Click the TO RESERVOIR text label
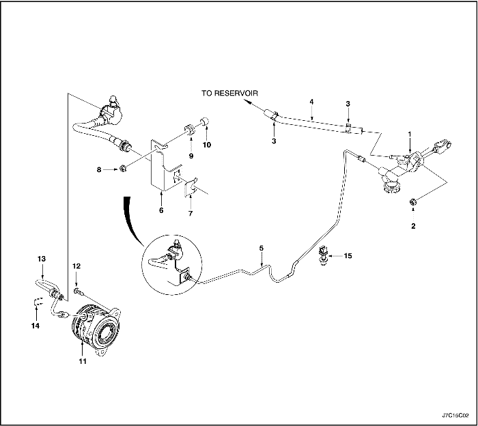coord(230,92)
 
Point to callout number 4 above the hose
coord(311,102)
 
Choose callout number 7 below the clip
coord(190,214)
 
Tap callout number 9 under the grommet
coord(191,156)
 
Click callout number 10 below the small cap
coord(208,145)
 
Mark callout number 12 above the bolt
coord(76,266)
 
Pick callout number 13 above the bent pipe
coord(41,259)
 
